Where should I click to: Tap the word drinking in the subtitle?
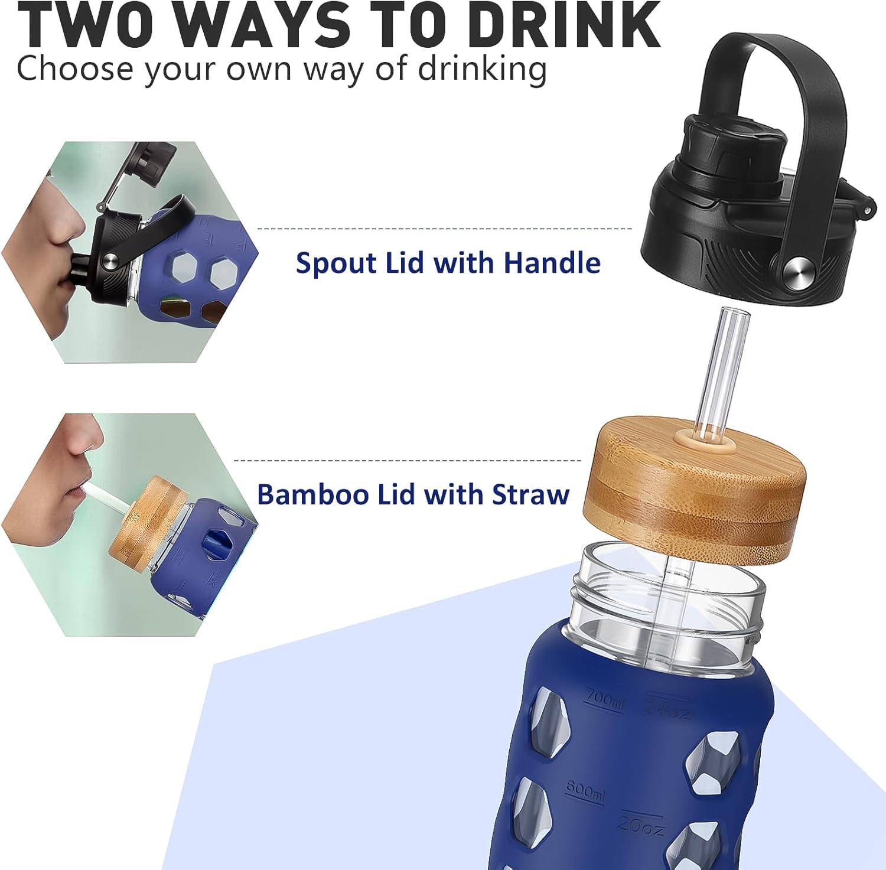click(482, 69)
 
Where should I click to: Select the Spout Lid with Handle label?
click(448, 263)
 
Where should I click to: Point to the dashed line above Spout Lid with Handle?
click(445, 228)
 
